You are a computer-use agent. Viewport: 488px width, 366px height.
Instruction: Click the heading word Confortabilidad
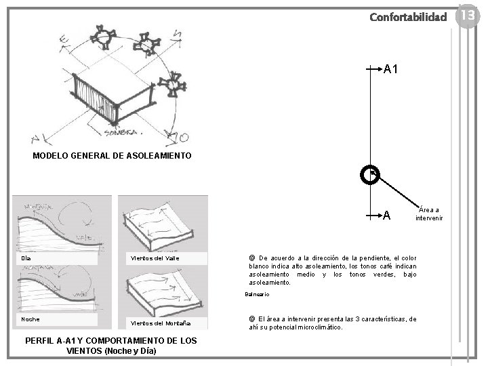tap(408, 16)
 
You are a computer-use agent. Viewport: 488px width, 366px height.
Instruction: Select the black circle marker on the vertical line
tap(370, 176)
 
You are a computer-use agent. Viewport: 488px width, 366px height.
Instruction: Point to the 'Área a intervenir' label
tap(429, 214)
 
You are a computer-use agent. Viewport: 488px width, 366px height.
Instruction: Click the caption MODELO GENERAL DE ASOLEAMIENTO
tap(112, 156)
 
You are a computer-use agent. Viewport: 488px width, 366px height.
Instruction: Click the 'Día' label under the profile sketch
tap(26, 258)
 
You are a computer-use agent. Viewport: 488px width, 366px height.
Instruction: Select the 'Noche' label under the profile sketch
tap(30, 319)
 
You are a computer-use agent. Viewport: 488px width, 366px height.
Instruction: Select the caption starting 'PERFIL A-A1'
tap(110, 346)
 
